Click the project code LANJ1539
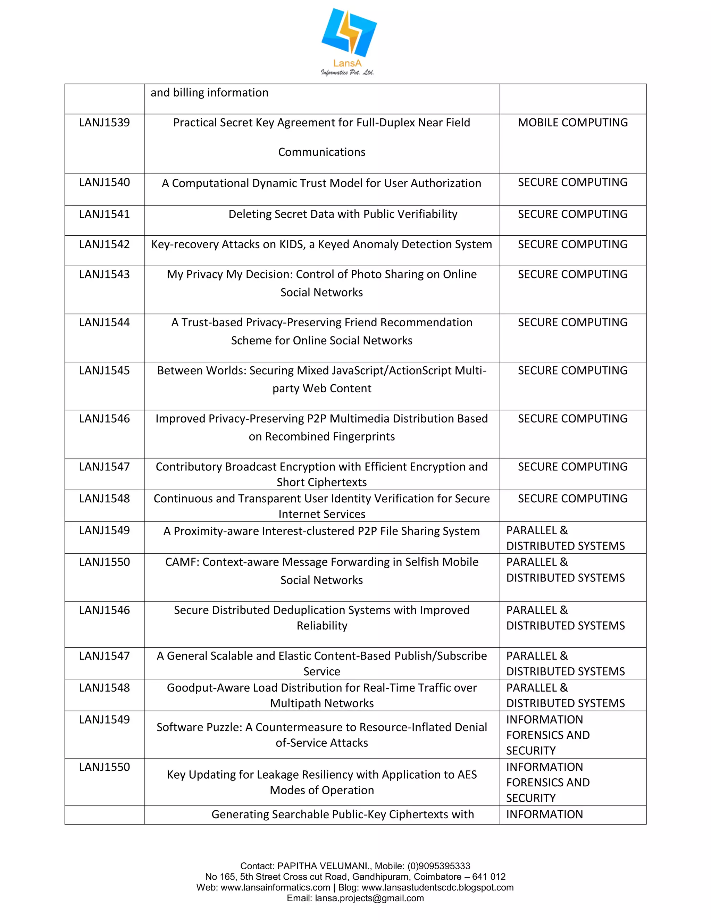coord(104,123)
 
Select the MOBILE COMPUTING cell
coord(572,123)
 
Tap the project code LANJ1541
coord(104,214)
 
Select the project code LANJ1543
coord(104,274)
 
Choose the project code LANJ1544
coord(104,322)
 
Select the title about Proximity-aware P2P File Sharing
coord(321,531)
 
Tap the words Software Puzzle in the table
coord(198,727)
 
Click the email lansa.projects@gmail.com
coord(369,898)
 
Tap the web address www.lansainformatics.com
coord(275,888)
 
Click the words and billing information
coord(209,93)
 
